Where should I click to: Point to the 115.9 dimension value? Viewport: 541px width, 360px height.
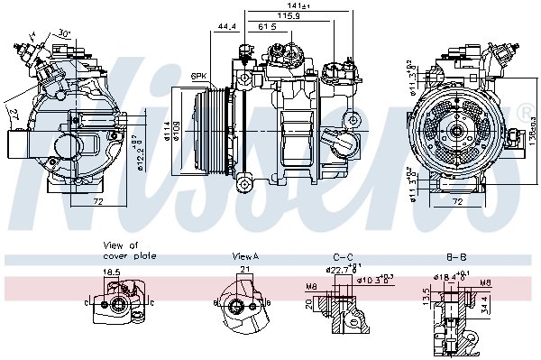point(288,17)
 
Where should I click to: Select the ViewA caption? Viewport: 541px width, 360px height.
point(245,256)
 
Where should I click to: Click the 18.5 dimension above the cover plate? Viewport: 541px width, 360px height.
point(112,271)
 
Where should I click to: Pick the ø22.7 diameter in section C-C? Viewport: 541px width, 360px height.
point(339,268)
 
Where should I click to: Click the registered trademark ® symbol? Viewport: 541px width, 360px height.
point(524,111)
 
